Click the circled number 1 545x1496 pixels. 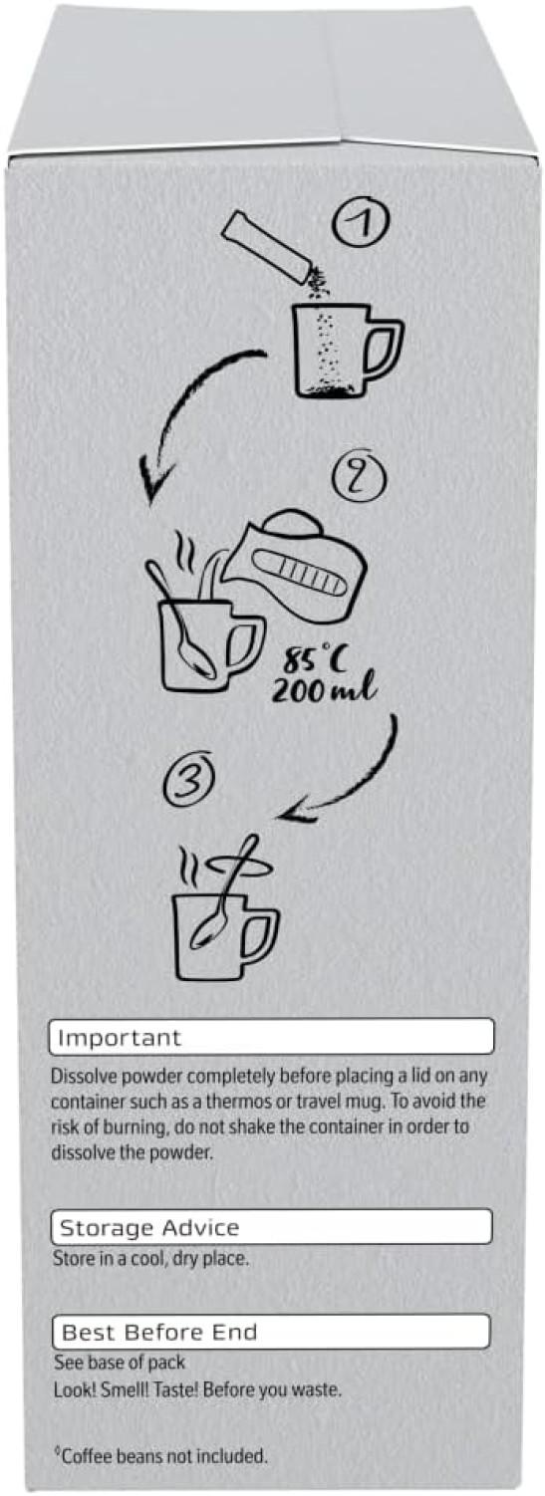(362, 226)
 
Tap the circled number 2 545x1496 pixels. (359, 475)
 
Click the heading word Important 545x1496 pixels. (119, 1038)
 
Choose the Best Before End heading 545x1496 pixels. (159, 1333)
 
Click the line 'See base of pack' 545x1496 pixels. (120, 1363)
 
